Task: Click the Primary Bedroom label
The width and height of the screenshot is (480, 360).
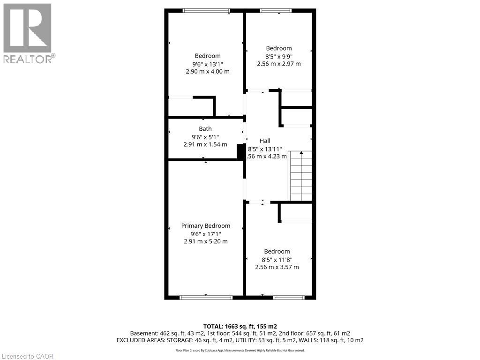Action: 206,226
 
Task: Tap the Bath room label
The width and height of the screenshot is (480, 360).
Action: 205,129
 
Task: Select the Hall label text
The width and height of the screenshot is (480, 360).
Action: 265,141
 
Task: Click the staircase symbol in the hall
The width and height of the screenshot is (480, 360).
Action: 300,176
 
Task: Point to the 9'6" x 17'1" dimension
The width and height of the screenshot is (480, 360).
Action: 206,234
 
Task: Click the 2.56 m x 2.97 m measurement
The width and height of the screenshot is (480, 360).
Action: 279,64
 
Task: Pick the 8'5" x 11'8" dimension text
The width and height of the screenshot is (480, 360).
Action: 277,259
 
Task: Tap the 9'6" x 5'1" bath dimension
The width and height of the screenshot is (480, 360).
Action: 205,137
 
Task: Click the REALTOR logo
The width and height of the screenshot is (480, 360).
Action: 28,33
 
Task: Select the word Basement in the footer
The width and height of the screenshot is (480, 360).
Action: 143,333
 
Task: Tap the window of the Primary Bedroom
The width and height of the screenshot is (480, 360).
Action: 206,297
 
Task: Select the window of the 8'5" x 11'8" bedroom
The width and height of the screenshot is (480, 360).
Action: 289,297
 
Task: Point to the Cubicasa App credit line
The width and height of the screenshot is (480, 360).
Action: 240,351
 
